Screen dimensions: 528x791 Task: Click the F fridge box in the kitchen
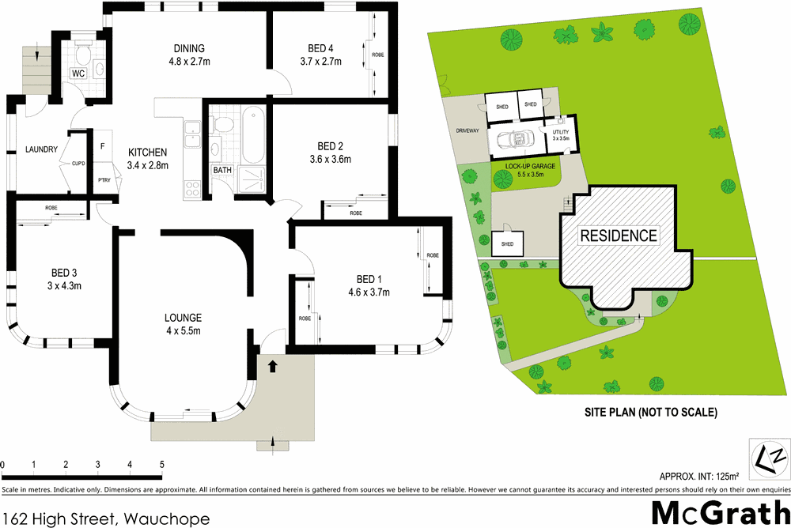[103, 146]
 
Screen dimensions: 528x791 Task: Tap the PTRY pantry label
[103, 180]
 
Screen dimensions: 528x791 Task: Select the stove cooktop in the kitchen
[191, 188]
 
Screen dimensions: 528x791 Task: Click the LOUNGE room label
[183, 318]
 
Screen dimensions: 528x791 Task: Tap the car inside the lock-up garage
[513, 141]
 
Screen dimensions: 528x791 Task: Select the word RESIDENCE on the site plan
[619, 236]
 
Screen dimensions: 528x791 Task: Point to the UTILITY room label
[561, 132]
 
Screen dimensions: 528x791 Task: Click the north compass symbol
[769, 458]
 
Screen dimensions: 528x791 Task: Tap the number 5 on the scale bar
[162, 465]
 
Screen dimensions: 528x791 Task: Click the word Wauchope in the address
[168, 519]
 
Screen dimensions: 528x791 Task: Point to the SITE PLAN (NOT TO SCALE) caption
[650, 412]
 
